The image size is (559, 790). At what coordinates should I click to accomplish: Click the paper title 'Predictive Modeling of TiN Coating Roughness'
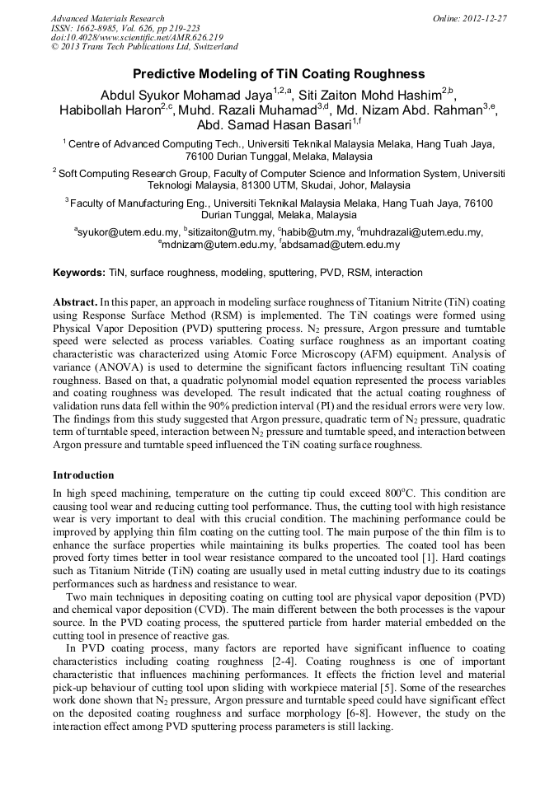pyautogui.click(x=279, y=73)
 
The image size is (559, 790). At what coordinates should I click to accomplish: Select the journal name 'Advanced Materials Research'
pyautogui.click(x=107, y=18)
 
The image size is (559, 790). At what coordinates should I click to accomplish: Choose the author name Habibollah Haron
pyautogui.click(x=110, y=111)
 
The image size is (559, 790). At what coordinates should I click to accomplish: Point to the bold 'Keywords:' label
pyautogui.click(x=79, y=273)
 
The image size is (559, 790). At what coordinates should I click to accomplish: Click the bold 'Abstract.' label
pyautogui.click(x=75, y=302)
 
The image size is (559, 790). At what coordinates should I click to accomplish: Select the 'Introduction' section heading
pyautogui.click(x=83, y=475)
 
